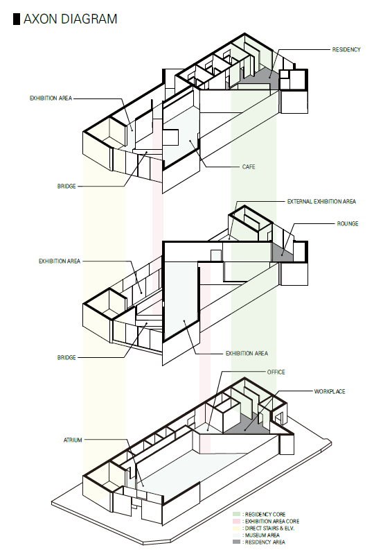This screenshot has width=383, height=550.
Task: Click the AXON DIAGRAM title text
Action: pyautogui.click(x=70, y=19)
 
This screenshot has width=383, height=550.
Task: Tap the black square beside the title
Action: pyautogui.click(x=17, y=19)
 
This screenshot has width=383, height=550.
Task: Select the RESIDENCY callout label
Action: pyautogui.click(x=346, y=50)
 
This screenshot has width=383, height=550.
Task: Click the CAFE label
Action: pyautogui.click(x=249, y=166)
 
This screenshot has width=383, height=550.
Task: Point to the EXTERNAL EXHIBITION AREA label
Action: pyautogui.click(x=321, y=201)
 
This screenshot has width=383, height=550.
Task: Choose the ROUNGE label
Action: pyautogui.click(x=348, y=223)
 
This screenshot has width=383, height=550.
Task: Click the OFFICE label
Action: pyautogui.click(x=276, y=372)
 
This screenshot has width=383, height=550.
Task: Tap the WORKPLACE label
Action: pyautogui.click(x=330, y=391)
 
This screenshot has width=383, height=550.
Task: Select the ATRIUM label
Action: pyautogui.click(x=73, y=440)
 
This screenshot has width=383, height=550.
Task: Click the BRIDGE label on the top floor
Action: pyautogui.click(x=66, y=187)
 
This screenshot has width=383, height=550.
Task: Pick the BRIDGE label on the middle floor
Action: pyautogui.click(x=66, y=357)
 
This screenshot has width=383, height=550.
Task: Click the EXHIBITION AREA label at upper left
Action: pyautogui.click(x=51, y=98)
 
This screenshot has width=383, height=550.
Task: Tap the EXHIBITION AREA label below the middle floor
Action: pyautogui.click(x=247, y=353)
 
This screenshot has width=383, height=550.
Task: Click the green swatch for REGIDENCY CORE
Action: pyautogui.click(x=237, y=514)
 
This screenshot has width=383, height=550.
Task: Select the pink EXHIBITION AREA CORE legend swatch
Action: pyautogui.click(x=237, y=522)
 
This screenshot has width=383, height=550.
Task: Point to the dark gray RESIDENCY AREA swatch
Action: pyautogui.click(x=237, y=542)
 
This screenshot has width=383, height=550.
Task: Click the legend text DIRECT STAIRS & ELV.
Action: pyautogui.click(x=269, y=528)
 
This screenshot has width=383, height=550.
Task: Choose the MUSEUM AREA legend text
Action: pyautogui.click(x=262, y=535)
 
